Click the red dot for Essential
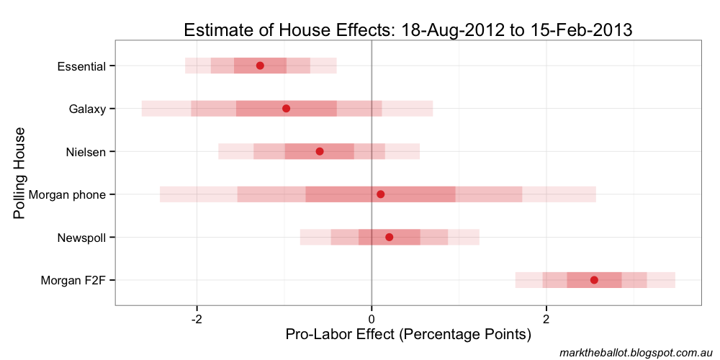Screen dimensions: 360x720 260,66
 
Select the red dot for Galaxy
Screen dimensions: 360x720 286,109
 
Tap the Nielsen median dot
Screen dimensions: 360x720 320,151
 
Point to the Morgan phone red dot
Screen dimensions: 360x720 381,194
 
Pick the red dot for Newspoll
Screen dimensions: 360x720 390,237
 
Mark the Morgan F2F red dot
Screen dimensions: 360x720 594,280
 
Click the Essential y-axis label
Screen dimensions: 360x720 81,67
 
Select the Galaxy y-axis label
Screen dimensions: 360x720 87,109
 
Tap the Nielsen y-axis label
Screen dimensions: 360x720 86,152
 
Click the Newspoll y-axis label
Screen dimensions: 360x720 81,238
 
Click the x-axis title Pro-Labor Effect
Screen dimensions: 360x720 408,335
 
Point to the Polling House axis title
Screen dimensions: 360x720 20,174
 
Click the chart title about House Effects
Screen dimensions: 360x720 408,30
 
